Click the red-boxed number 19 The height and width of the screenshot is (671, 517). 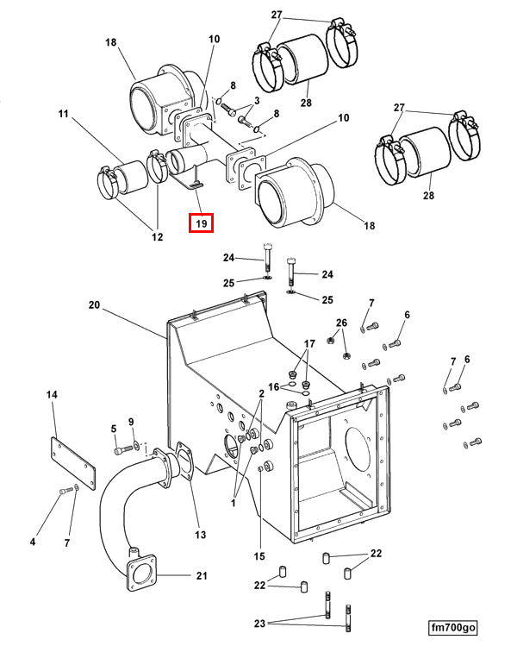pos(201,223)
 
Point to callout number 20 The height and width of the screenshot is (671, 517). pos(94,304)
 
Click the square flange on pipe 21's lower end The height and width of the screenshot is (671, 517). pos(140,575)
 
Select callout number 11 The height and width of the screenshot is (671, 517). pos(63,113)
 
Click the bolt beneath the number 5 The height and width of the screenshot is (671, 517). pos(119,449)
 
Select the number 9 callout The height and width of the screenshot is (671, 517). pos(131,422)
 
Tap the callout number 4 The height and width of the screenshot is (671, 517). pos(33,542)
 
